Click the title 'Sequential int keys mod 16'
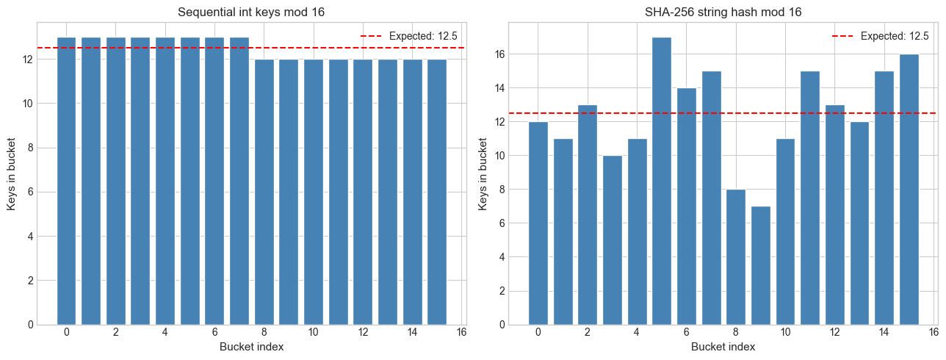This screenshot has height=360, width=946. tap(251, 12)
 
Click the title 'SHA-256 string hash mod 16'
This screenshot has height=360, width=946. tap(723, 12)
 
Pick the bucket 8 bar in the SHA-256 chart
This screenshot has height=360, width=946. tap(736, 257)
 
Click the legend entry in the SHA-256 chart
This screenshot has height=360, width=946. tap(881, 35)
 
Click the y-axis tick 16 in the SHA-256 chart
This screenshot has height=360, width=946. tap(499, 54)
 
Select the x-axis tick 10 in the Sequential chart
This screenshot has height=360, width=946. tap(314, 333)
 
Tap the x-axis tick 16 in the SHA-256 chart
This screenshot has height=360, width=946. tap(934, 333)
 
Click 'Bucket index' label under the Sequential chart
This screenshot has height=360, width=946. tap(251, 347)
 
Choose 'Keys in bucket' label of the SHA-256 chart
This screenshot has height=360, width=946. tap(483, 173)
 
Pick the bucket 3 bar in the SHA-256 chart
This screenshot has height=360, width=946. tap(613, 240)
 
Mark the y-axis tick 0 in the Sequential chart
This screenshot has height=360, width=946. tap(31, 325)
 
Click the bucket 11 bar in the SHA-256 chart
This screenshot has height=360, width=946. tap(810, 198)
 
